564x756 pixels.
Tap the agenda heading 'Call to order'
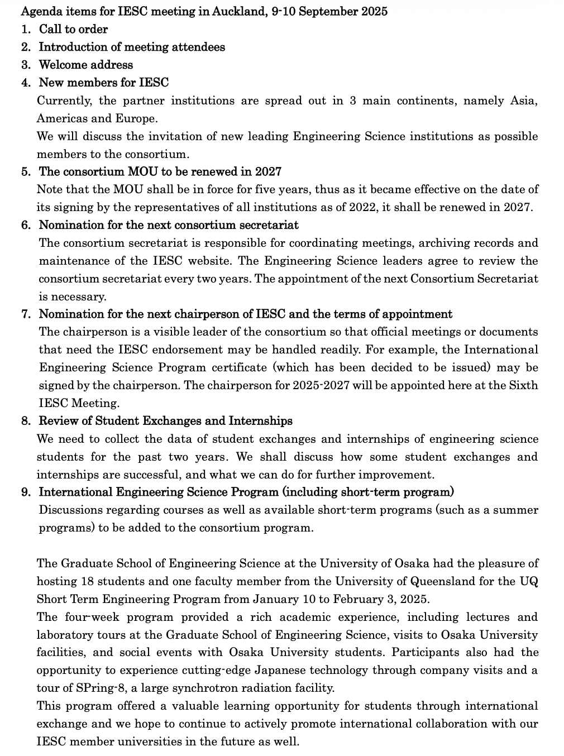click(73, 29)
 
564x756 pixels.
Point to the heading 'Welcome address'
click(85, 65)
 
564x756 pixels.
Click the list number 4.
click(26, 83)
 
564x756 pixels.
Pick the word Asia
click(523, 101)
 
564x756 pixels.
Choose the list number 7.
click(26, 314)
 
